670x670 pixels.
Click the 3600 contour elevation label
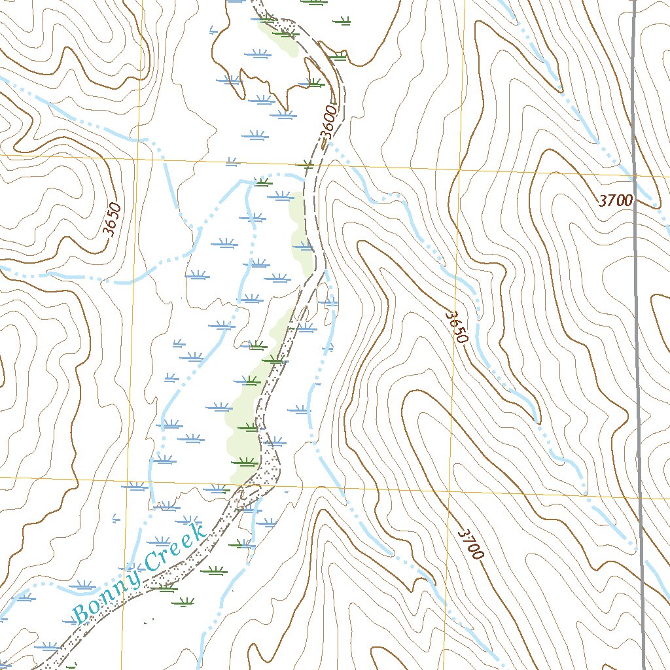pyautogui.click(x=329, y=124)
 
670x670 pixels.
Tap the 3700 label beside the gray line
pyautogui.click(x=615, y=201)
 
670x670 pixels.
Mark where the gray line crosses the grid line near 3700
pyautogui.click(x=635, y=176)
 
